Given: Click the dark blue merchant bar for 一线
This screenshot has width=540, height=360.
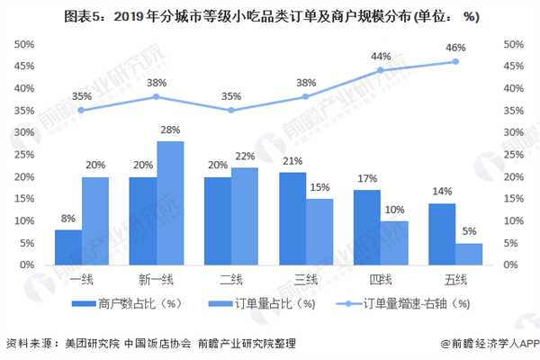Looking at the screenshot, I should pyautogui.click(x=68, y=247).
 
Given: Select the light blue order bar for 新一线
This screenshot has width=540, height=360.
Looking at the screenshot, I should pyautogui.click(x=171, y=203).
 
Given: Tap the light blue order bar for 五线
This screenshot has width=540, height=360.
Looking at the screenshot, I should pyautogui.click(x=469, y=255).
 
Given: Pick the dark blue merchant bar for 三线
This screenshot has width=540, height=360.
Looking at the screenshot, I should pyautogui.click(x=292, y=219).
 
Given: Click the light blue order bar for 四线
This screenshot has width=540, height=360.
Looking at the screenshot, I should pyautogui.click(x=394, y=243).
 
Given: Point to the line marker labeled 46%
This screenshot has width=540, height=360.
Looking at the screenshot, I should pyautogui.click(x=455, y=61).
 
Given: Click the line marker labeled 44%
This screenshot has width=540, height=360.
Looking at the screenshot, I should pyautogui.click(x=381, y=70).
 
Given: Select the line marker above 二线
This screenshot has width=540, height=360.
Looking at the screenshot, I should pyautogui.click(x=230, y=111).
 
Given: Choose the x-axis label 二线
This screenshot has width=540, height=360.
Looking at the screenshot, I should pyautogui.click(x=230, y=281).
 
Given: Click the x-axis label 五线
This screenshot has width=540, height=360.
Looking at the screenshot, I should pyautogui.click(x=454, y=281).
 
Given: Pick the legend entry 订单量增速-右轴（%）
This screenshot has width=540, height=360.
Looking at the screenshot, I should pyautogui.click(x=411, y=303).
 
